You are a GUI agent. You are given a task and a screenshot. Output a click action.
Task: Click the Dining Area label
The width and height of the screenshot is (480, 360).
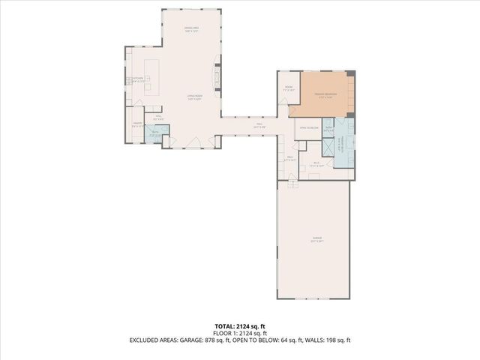[x=192, y=30]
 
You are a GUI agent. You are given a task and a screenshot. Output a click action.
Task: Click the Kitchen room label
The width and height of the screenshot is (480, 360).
[x=138, y=81]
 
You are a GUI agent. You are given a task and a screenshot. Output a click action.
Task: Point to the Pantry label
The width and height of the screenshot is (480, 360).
[x=138, y=124]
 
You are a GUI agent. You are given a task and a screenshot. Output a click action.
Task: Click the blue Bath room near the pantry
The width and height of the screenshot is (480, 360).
[x=154, y=135]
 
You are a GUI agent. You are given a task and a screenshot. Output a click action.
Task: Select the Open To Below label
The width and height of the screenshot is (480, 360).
[x=309, y=128]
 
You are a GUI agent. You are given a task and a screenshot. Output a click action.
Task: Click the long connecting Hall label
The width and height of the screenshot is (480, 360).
[x=259, y=125]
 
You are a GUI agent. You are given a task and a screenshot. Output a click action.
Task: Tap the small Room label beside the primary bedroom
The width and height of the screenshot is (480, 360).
[x=289, y=88]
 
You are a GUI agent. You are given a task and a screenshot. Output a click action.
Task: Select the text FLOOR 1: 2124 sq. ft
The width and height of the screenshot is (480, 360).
[x=240, y=333]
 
